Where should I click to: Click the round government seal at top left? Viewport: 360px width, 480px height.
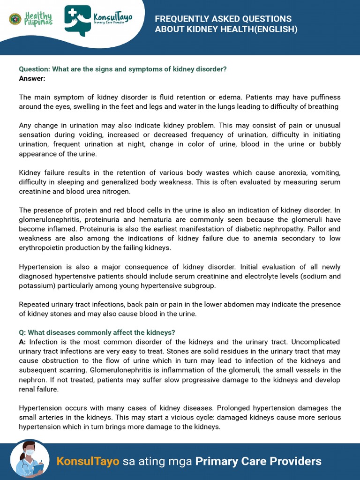click(x=15, y=19)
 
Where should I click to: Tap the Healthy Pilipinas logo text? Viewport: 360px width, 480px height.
click(x=38, y=19)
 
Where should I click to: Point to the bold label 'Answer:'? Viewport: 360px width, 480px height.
click(x=32, y=78)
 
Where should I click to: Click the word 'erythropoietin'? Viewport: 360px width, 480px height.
click(x=41, y=247)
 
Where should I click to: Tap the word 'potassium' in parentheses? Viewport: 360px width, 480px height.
click(x=36, y=285)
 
